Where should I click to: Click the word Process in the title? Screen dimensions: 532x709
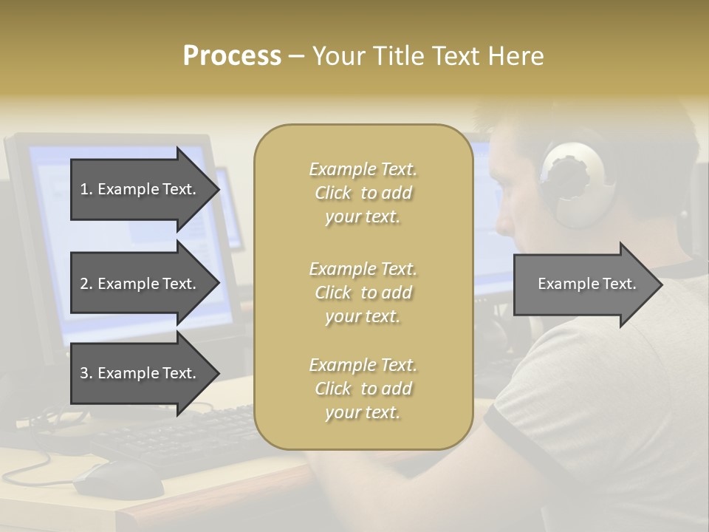[232, 56]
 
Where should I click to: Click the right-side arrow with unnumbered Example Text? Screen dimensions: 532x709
[587, 284]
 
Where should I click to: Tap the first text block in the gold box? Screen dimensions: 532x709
[363, 193]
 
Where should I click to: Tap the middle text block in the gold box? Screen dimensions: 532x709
[363, 293]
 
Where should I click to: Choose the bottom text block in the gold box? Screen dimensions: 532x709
[363, 389]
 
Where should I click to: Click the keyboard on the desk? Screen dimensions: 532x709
[177, 436]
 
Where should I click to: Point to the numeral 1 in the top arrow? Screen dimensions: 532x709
[84, 189]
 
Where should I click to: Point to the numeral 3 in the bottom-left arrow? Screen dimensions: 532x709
[84, 373]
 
